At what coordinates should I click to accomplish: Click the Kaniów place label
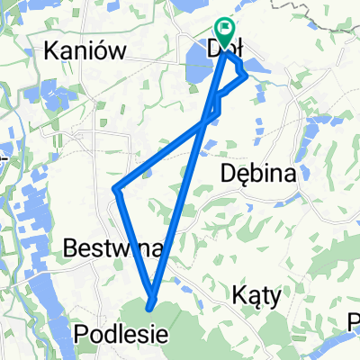pos(84,52)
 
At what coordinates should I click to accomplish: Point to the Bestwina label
pos(112,247)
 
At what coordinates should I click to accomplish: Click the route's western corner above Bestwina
pos(115,189)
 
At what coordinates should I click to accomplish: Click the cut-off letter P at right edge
pos(355,319)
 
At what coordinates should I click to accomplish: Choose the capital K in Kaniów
pos(51,52)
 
